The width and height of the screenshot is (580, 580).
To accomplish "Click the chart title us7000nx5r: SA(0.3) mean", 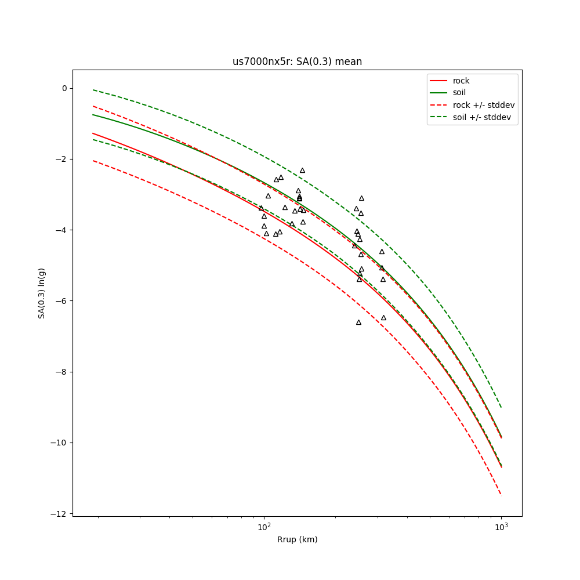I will point(297,61).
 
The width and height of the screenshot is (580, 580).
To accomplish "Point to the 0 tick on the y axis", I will point(64,88).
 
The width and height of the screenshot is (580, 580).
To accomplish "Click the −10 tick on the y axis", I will point(60,443).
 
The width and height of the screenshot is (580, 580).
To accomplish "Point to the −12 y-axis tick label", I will point(60,514).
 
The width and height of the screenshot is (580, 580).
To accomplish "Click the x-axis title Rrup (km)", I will point(297,539).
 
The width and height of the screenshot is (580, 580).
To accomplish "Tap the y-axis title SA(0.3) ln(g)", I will point(42,293).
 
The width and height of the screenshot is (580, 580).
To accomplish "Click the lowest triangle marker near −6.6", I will point(358,322).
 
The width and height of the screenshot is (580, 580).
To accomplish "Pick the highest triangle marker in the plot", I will point(302,171).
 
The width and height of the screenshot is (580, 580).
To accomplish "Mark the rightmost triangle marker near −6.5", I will point(383,318).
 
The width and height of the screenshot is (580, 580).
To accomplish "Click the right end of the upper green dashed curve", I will point(501,407).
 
